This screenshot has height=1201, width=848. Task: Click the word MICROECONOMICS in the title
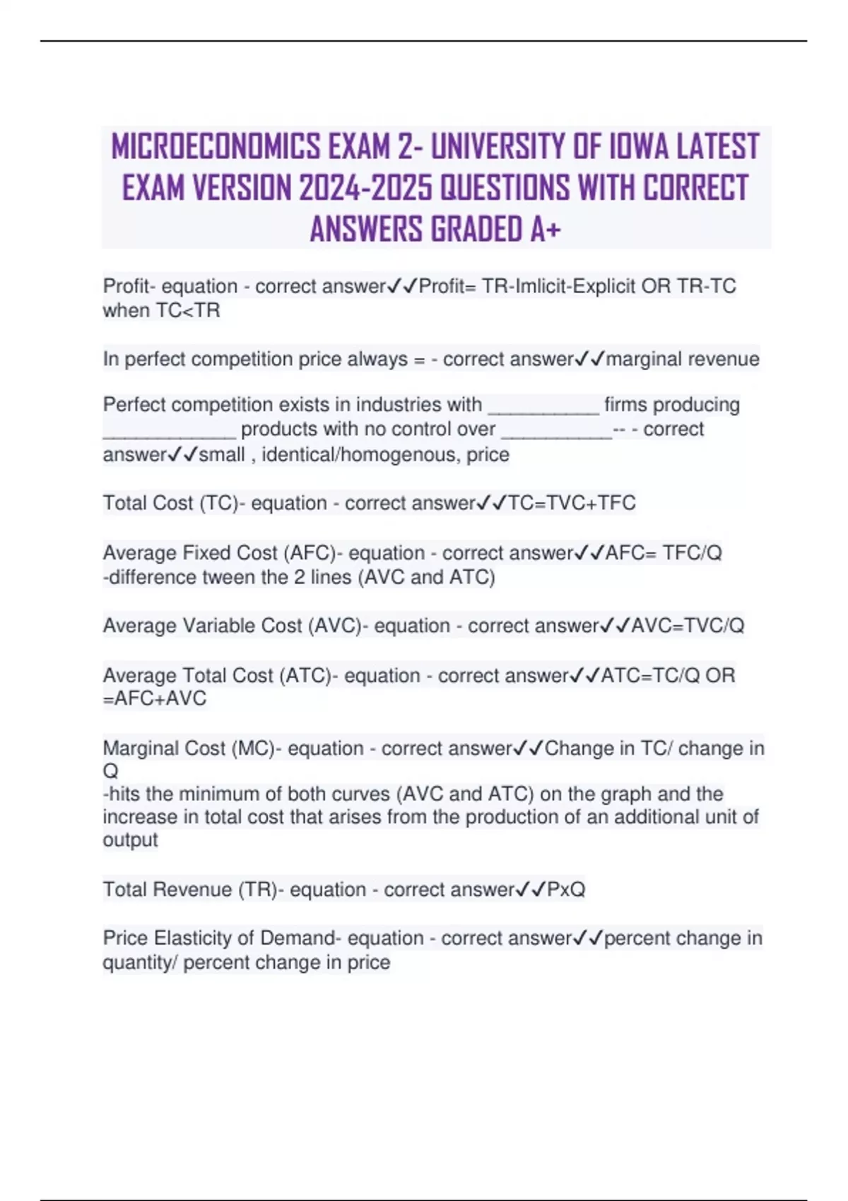(x=215, y=147)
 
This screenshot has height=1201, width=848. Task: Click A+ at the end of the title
(x=546, y=229)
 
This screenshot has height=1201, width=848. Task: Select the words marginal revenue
(x=683, y=359)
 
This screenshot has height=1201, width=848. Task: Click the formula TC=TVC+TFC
(x=572, y=503)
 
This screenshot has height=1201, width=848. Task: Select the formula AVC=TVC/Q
(x=688, y=626)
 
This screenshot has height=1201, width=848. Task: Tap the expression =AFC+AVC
(x=155, y=699)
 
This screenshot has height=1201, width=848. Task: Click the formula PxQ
(x=566, y=889)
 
